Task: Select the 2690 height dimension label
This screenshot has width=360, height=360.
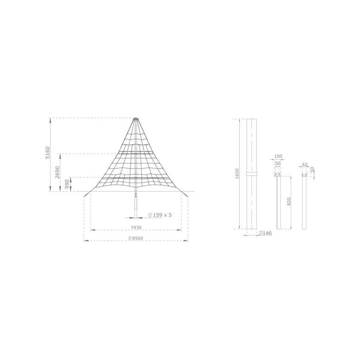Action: (x=58, y=172)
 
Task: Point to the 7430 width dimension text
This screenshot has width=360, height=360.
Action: (x=135, y=227)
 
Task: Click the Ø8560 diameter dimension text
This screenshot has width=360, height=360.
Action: (x=135, y=238)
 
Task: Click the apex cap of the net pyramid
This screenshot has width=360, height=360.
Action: (x=136, y=119)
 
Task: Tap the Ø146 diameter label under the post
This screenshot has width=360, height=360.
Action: (x=265, y=233)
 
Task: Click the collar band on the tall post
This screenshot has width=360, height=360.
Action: (x=251, y=173)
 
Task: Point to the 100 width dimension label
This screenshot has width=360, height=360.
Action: (x=278, y=157)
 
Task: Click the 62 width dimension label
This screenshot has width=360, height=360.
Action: (x=305, y=165)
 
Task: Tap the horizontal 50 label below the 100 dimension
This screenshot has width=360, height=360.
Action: (x=278, y=163)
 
